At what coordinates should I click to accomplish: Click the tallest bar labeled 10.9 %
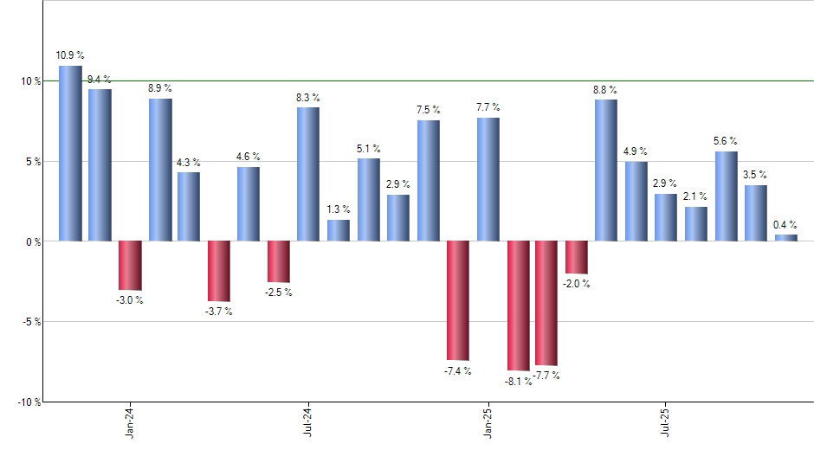70,153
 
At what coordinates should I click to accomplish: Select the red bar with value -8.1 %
518,306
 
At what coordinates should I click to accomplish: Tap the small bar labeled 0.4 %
785,237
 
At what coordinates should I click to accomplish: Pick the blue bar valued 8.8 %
606,170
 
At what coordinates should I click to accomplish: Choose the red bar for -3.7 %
219,271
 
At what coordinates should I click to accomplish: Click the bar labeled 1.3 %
339,230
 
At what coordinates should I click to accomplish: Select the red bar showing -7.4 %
458,300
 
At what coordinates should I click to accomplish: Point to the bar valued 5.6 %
726,196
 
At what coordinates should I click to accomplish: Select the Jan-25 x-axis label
488,423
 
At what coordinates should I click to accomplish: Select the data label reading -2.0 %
577,284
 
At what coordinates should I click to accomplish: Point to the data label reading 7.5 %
428,110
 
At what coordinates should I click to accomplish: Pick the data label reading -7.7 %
547,376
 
